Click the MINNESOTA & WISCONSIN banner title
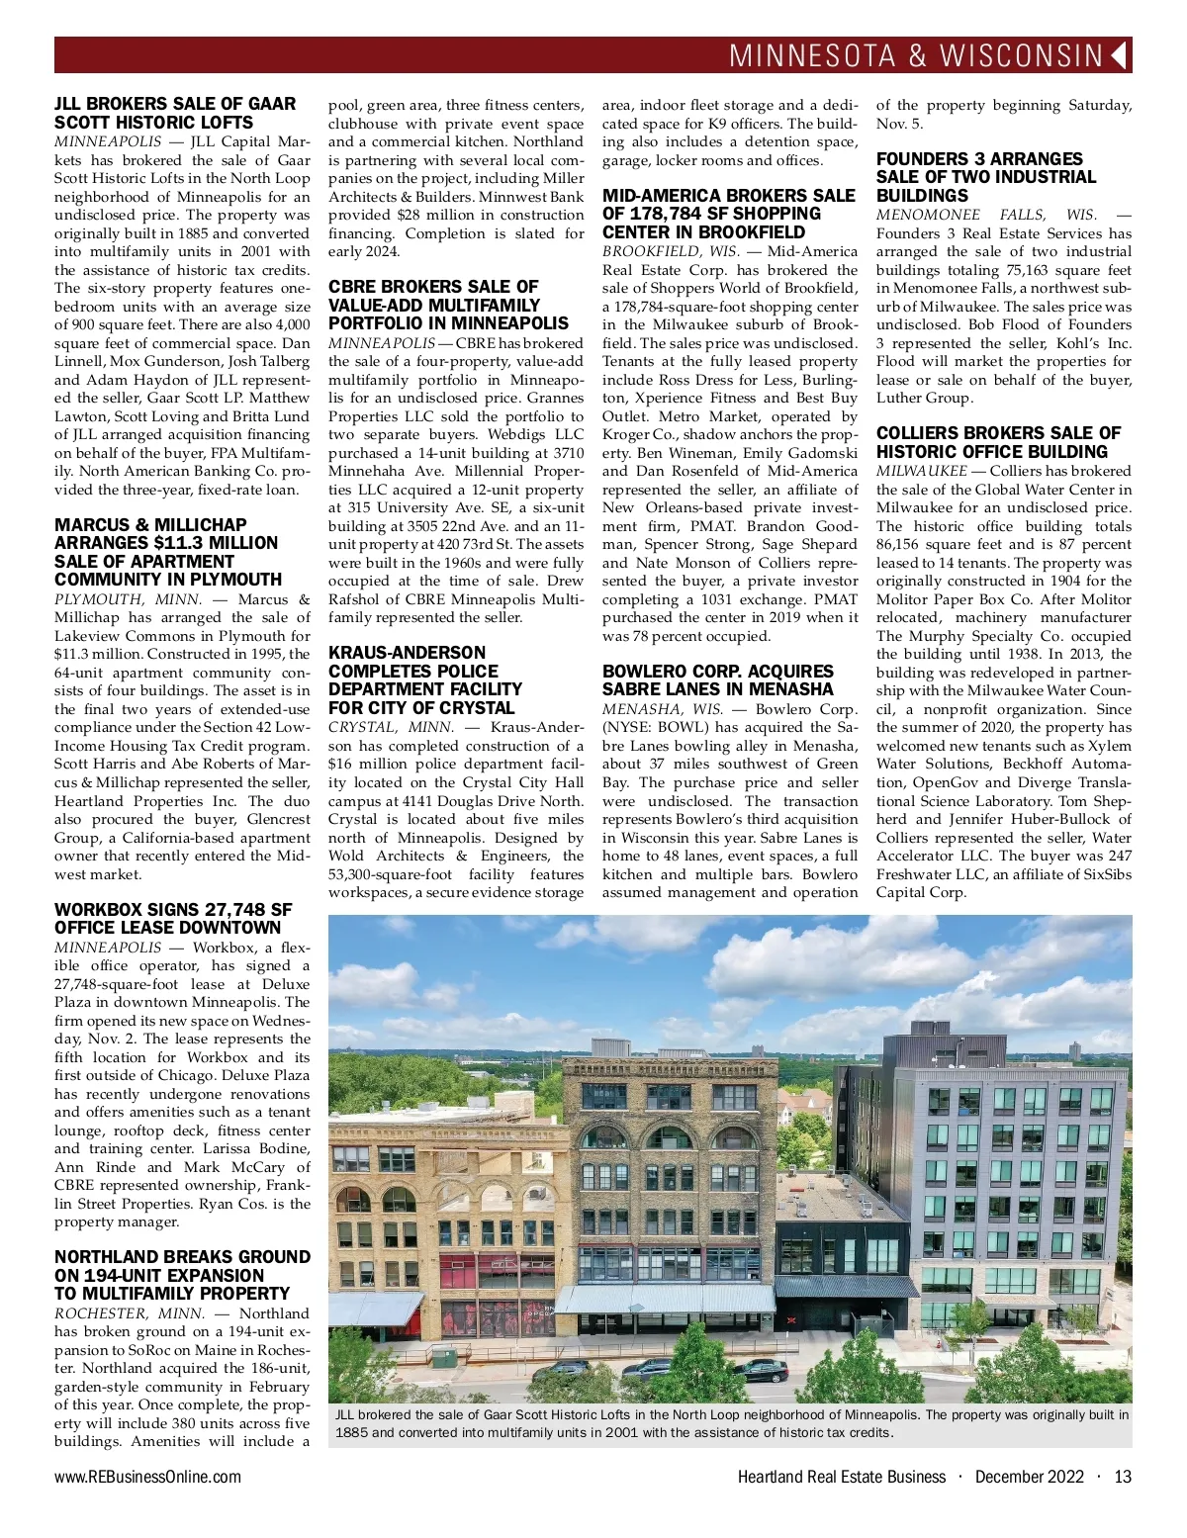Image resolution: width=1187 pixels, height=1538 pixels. point(915,55)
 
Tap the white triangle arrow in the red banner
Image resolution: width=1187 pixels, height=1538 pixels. point(1120,55)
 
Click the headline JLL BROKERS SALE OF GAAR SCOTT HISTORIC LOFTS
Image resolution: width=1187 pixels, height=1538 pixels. point(175,113)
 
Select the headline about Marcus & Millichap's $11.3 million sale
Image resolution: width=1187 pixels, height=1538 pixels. point(168,552)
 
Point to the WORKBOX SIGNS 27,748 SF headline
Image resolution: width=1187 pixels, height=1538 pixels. point(173,918)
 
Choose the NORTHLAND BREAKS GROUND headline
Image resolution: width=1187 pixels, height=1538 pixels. point(182,1275)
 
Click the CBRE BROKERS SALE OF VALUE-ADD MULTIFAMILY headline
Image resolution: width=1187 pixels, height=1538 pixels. point(448,305)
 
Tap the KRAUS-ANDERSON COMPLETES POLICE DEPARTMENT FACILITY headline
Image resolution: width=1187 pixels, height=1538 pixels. point(425,680)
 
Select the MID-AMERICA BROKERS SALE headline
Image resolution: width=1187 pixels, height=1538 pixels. point(728,214)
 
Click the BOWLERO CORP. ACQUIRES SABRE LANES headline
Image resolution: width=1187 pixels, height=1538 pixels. point(718,679)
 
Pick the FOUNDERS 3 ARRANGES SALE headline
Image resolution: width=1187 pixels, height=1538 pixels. point(986,177)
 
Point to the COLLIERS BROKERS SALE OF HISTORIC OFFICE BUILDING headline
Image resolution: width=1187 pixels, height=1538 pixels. point(998,442)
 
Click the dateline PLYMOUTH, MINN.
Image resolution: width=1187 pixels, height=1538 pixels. point(128,599)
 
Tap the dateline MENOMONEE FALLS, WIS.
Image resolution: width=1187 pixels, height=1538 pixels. point(986,215)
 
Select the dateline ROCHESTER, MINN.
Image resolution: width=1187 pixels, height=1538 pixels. point(130,1313)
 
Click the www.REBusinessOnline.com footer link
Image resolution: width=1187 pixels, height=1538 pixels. point(147,1477)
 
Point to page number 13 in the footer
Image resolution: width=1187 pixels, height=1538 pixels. point(1122,1477)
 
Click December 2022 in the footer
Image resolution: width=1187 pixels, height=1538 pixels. point(1029,1477)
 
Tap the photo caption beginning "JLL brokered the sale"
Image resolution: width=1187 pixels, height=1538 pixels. point(730,1423)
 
